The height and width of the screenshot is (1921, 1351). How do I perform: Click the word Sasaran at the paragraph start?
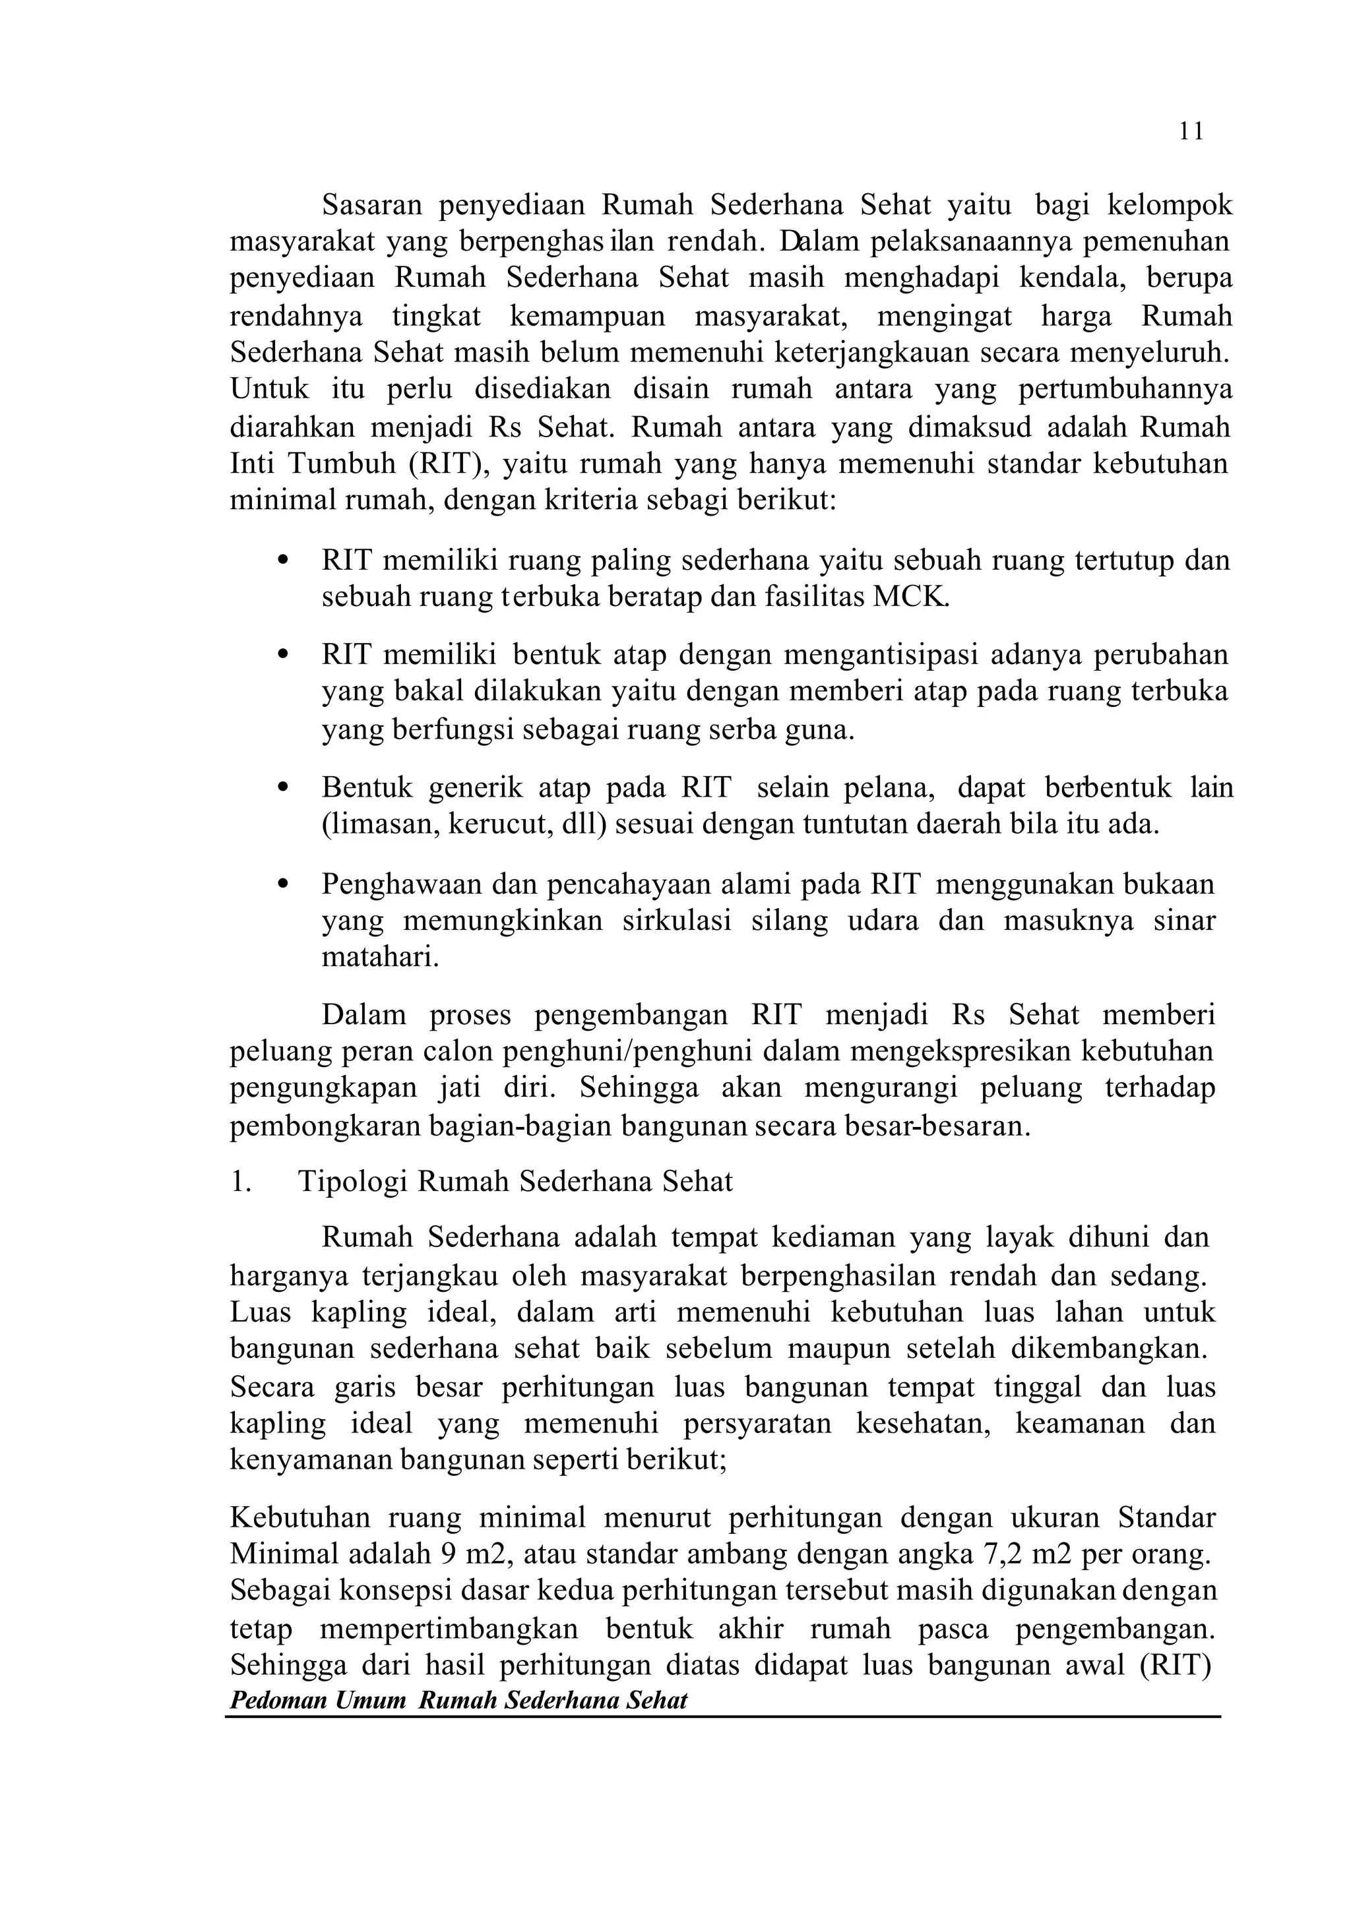click(371, 205)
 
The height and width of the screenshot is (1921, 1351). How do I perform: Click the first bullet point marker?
click(282, 560)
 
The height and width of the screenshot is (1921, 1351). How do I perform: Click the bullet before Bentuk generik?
click(282, 788)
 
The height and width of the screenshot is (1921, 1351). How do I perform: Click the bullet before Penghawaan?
click(282, 884)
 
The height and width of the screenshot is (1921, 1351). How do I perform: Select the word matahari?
click(380, 957)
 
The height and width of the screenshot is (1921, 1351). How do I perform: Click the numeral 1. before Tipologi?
click(240, 1182)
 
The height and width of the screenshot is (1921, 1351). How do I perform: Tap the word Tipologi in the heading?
click(352, 1182)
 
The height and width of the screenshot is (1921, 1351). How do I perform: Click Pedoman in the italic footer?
click(278, 1701)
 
